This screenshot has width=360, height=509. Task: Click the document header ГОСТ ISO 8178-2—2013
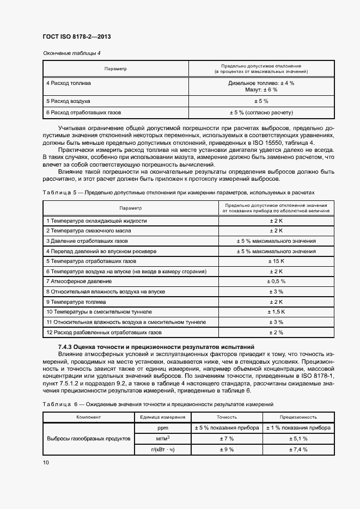77,37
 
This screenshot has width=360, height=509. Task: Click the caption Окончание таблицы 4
71,53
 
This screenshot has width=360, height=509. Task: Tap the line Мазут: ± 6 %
261,90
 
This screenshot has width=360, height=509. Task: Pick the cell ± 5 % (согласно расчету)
261,113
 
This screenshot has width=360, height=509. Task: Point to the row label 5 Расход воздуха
68,101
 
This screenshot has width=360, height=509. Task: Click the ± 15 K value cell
276,261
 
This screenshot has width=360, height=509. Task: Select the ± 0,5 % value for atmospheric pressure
276,281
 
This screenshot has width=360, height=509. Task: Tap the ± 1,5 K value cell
276,312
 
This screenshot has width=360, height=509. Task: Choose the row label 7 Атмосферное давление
79,281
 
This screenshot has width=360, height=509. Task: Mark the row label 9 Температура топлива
76,302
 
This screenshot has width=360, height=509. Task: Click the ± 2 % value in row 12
276,332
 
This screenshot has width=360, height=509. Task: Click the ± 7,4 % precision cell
298,449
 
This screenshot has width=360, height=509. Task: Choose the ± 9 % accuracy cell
226,449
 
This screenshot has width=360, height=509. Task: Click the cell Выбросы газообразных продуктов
89,438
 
